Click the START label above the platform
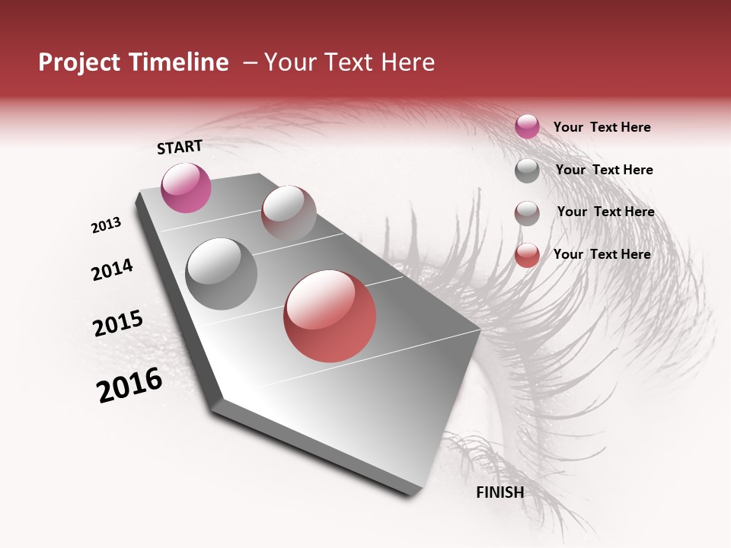tap(180, 147)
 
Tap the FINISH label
tap(500, 492)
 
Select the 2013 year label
tap(106, 225)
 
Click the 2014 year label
tap(112, 269)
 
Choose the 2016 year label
tap(129, 385)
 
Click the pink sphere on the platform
tap(186, 188)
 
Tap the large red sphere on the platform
tap(330, 316)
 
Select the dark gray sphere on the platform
tap(222, 274)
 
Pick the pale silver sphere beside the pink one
tap(289, 212)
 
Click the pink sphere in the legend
tap(527, 126)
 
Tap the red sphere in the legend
tap(527, 255)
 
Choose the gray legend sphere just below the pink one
tap(527, 170)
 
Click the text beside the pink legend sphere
tap(602, 128)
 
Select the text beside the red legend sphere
tap(602, 254)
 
